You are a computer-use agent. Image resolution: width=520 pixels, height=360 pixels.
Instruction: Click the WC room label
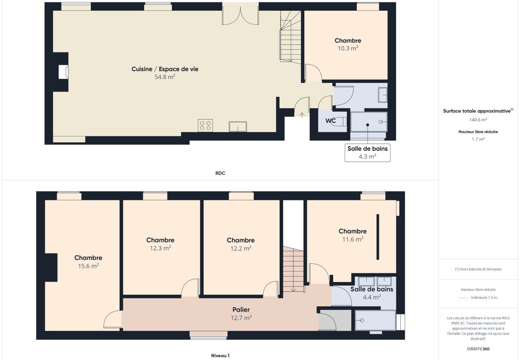coord(330,120)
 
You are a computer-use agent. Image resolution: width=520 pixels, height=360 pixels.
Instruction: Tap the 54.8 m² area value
coord(165,77)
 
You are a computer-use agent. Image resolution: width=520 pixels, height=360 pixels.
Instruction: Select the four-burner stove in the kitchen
coord(205,126)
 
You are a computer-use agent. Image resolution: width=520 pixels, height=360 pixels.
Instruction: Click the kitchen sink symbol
coord(238,127)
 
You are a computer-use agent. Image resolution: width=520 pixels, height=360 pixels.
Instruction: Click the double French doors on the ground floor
coord(240,14)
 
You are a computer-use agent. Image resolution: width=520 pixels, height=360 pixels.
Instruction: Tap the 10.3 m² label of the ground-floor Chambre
coord(348,48)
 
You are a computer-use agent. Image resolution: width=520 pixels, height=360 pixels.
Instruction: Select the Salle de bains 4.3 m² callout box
coord(367,153)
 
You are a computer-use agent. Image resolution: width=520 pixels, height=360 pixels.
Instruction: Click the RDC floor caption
coord(220,173)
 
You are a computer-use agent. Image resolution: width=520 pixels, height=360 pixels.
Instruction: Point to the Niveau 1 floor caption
coord(220,355)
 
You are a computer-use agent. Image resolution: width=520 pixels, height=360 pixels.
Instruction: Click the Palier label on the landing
coord(241,310)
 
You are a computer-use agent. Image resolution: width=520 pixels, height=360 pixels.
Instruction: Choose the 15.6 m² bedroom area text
coord(88,266)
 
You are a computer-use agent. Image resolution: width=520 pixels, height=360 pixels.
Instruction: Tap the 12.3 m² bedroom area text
coord(160,248)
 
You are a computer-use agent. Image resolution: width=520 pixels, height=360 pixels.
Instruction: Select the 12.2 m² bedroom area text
coord(240,248)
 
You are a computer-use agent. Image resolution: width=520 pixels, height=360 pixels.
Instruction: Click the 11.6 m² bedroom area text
coord(352,239)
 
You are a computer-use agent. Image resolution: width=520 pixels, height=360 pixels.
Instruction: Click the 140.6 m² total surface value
coord(478,120)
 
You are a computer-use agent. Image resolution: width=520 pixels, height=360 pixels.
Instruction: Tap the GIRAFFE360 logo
coord(478,349)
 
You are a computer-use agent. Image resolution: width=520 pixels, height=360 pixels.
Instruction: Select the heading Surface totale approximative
coord(477,111)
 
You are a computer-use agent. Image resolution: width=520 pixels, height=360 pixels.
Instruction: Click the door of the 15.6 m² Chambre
coord(112,320)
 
